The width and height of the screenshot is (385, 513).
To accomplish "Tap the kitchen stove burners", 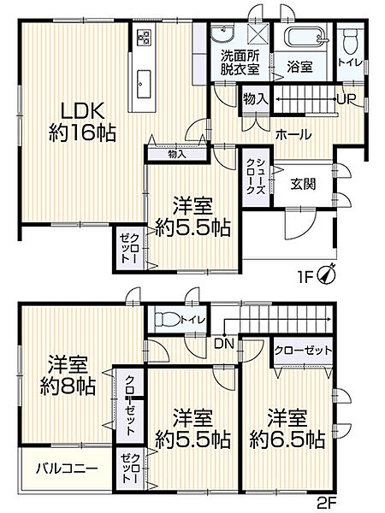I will click(142, 38).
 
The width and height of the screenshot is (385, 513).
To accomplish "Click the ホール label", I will click(293, 134).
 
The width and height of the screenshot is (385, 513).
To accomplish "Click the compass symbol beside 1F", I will click(326, 275).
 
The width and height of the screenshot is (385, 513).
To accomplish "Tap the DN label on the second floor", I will click(224, 344).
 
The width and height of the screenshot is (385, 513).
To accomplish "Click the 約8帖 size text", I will click(66, 386).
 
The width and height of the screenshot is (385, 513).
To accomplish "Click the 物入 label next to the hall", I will click(257, 99).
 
